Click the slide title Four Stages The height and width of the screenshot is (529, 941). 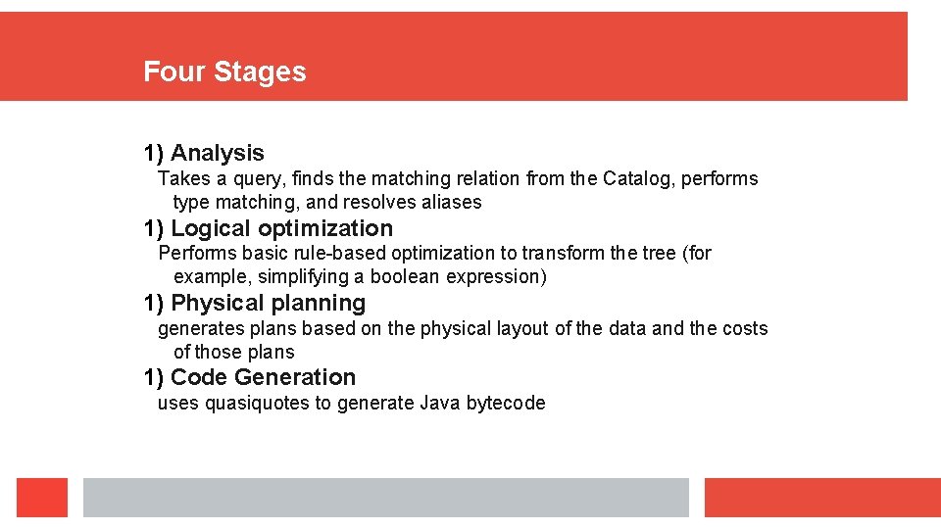pyautogui.click(x=224, y=72)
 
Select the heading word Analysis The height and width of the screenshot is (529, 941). pyautogui.click(x=217, y=153)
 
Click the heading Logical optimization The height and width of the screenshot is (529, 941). pyautogui.click(x=280, y=228)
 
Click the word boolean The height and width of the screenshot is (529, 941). pyautogui.click(x=405, y=276)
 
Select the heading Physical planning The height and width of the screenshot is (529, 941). pyautogui.click(x=268, y=303)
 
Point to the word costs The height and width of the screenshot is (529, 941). pyautogui.click(x=745, y=328)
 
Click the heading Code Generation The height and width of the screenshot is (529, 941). pyautogui.click(x=263, y=377)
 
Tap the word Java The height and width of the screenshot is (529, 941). pyautogui.click(x=440, y=403)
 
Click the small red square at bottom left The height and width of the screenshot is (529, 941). pyautogui.click(x=42, y=498)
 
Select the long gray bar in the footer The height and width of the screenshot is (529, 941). pyautogui.click(x=385, y=498)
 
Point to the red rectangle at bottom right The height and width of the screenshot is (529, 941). pyautogui.click(x=821, y=498)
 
